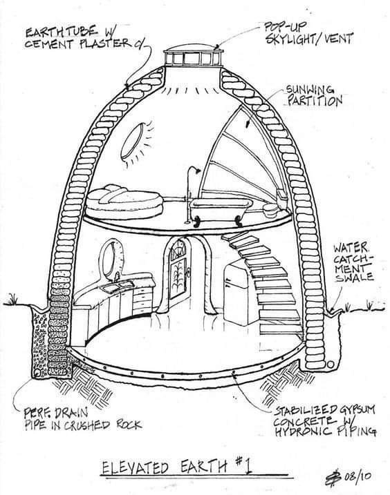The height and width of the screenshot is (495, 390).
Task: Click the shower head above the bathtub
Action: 197,171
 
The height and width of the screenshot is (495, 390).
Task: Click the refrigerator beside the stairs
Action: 238,292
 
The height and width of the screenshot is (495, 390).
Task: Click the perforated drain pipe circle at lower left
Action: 37,373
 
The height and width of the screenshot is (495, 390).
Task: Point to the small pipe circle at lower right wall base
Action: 331,365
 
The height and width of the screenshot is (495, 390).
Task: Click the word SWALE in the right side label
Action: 354,277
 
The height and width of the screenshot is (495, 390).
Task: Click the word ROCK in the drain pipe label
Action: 129,425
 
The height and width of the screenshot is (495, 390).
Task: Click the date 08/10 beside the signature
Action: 357,476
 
